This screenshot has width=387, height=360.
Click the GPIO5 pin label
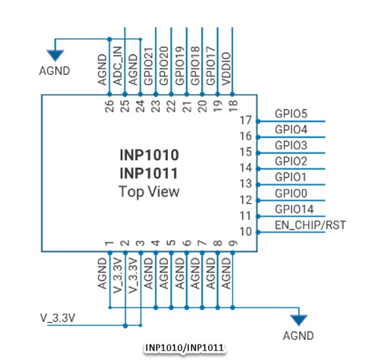point(291,114)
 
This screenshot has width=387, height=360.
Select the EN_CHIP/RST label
point(310,225)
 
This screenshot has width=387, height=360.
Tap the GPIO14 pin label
point(294,209)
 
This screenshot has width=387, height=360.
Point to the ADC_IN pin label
point(117,68)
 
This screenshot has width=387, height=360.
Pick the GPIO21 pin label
point(148,66)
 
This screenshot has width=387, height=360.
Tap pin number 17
point(246,120)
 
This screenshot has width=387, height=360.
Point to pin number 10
point(246,231)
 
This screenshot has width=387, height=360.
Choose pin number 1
point(109,243)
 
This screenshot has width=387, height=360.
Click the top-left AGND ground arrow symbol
point(55,54)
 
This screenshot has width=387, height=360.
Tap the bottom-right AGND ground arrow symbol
point(299,320)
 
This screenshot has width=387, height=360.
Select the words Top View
point(149,192)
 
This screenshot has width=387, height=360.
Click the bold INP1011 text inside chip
point(149,174)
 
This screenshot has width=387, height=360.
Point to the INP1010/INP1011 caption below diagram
point(184,348)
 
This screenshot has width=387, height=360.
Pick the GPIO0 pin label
point(291,194)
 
